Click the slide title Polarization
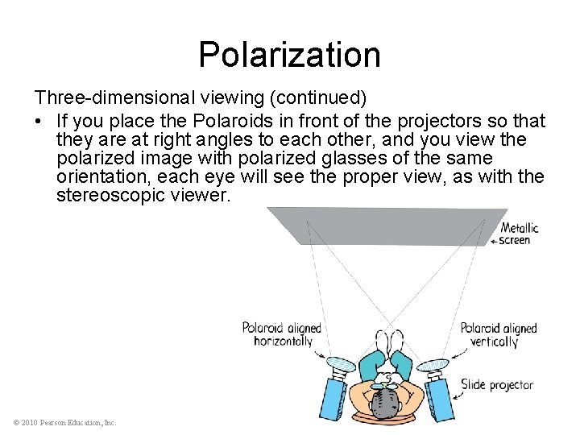[289, 55]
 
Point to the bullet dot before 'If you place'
[38, 122]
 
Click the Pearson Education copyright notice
[65, 422]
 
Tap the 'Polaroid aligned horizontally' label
[281, 334]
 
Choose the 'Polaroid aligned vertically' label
[498, 334]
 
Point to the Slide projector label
[496, 385]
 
